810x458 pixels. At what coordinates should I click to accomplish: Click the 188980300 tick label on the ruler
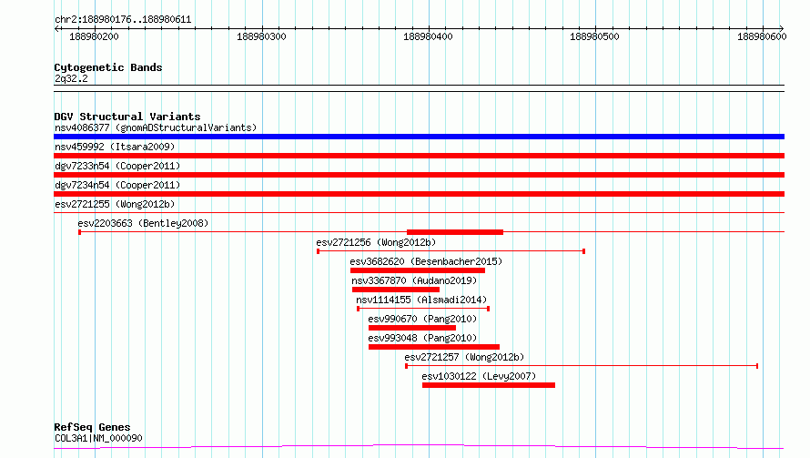261,36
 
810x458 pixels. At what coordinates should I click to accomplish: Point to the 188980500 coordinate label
594,36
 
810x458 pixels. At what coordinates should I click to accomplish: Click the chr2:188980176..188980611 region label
123,20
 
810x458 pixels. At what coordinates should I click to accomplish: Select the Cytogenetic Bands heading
108,67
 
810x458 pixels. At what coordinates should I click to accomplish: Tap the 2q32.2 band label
71,78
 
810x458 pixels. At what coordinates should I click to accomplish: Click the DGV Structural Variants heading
127,117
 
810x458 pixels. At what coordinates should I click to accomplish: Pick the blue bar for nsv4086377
419,137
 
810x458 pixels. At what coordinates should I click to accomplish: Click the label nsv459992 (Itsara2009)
115,147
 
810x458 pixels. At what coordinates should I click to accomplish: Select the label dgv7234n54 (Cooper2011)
117,185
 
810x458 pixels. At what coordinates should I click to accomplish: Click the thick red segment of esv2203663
455,232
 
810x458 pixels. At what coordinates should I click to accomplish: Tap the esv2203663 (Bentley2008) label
143,223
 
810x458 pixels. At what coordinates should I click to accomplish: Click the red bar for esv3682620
418,270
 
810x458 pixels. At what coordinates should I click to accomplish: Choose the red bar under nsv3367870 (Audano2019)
396,290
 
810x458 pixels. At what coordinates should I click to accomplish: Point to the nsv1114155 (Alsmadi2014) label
421,300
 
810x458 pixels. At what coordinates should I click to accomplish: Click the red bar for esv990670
412,328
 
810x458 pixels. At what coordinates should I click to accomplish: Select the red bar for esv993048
434,347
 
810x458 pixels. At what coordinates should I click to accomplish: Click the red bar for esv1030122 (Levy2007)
489,385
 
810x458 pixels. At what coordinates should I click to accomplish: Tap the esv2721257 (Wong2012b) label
464,357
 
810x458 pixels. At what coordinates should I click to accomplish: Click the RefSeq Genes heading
93,427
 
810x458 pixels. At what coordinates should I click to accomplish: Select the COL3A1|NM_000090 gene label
98,438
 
